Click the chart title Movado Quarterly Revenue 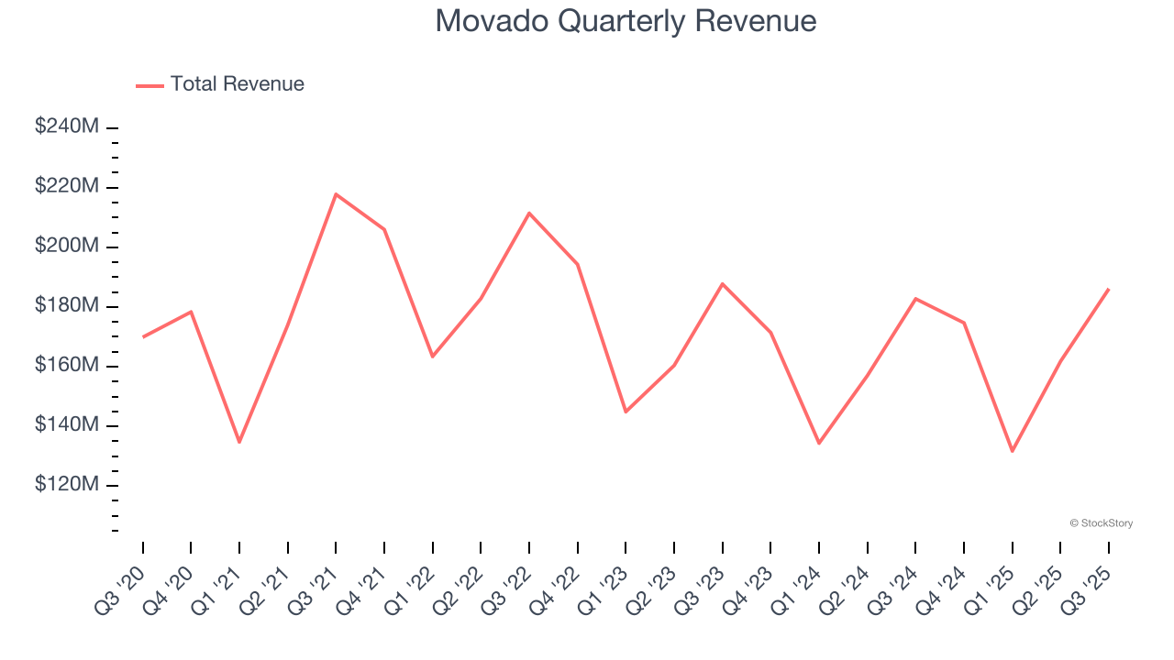(626, 21)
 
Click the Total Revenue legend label (237, 84)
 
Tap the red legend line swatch (150, 85)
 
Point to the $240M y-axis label (66, 126)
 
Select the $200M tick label (66, 246)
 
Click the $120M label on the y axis (66, 484)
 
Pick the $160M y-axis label (66, 365)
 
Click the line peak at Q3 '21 (336, 194)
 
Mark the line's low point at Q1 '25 (1013, 451)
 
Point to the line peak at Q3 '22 (529, 213)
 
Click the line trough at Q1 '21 (239, 442)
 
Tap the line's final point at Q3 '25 (1109, 289)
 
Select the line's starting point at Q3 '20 (143, 337)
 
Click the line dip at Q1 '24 (819, 443)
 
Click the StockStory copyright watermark (1101, 523)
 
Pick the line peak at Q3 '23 (723, 283)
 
